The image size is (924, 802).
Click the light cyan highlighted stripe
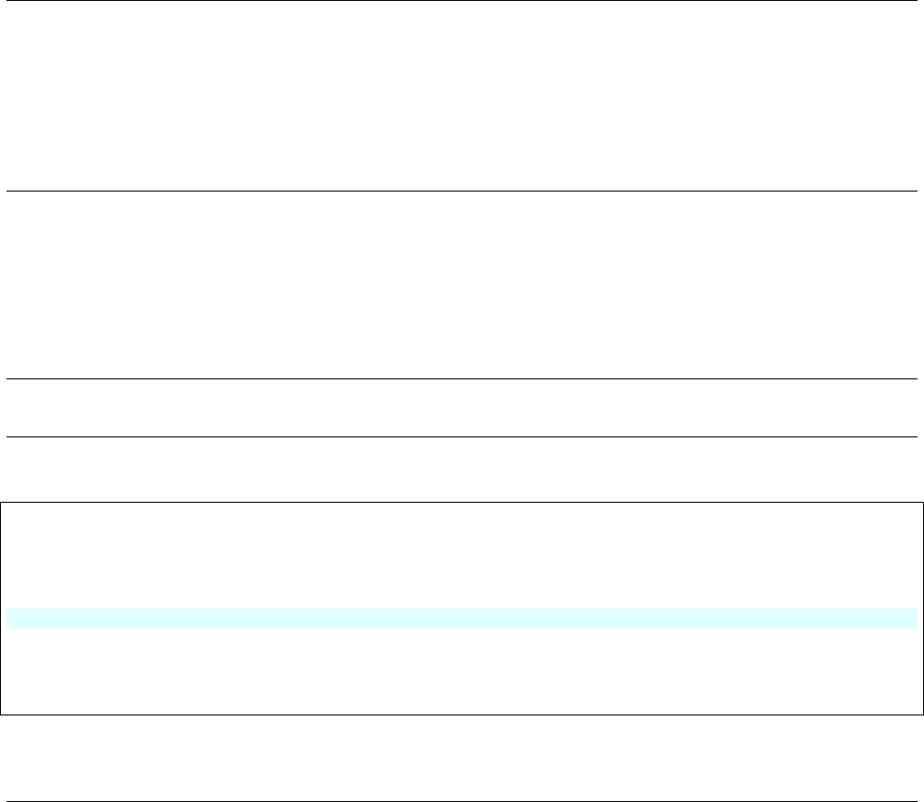click(461, 618)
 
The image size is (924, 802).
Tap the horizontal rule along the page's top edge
click(461, 1)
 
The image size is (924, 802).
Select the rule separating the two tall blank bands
click(461, 191)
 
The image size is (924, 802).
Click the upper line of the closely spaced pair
click(461, 378)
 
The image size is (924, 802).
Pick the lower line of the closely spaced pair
click(461, 436)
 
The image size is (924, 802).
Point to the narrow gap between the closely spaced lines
click(461, 408)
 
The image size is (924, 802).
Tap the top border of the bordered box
click(461, 502)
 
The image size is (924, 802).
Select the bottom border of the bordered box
click(461, 715)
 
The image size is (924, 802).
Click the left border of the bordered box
click(1, 608)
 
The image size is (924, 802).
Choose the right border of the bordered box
click(922, 608)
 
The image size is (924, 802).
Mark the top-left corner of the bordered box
click(1, 502)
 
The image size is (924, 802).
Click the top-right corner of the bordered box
click(922, 502)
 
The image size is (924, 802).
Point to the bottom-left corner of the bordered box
click(1, 715)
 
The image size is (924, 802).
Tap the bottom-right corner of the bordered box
click(922, 715)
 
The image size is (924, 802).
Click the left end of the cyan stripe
click(9, 618)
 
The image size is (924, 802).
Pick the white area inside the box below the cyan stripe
click(461, 670)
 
